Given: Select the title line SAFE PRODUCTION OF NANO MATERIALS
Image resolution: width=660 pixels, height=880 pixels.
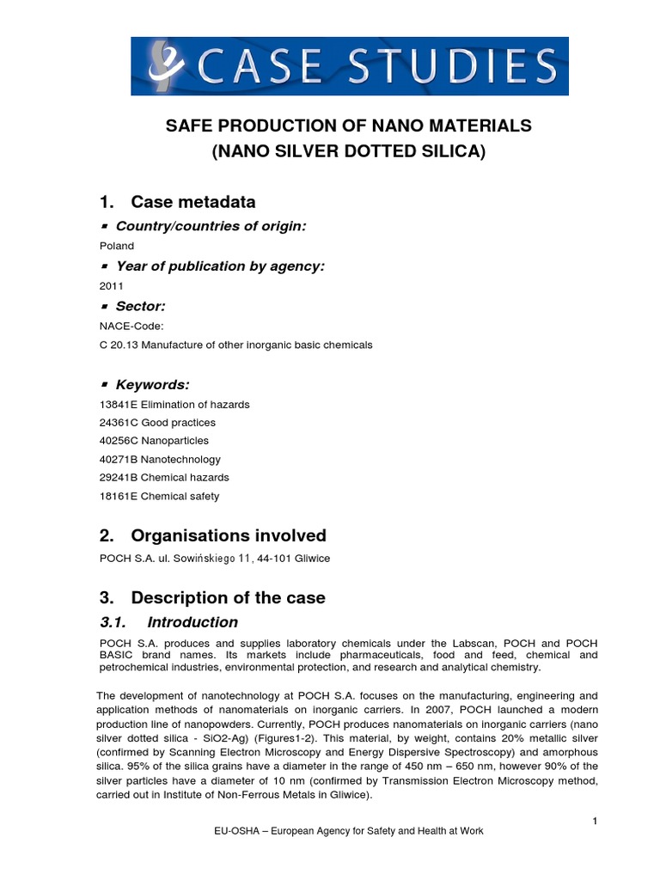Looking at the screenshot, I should (348, 126).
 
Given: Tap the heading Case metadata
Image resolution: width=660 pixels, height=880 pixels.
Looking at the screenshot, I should (192, 202).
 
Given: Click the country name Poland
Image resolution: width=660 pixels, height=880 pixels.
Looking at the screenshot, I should (117, 246).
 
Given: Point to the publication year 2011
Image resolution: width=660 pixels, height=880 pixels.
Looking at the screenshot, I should (113, 286).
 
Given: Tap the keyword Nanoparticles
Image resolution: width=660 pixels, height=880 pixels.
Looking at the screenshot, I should (174, 441).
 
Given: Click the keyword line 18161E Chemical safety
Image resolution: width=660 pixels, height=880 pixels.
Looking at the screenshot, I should (160, 496).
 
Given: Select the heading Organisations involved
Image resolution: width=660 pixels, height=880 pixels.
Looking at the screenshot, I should (228, 535).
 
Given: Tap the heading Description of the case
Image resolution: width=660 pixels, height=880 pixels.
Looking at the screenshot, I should (228, 597).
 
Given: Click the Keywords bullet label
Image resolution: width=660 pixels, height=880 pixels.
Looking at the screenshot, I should (152, 384).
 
